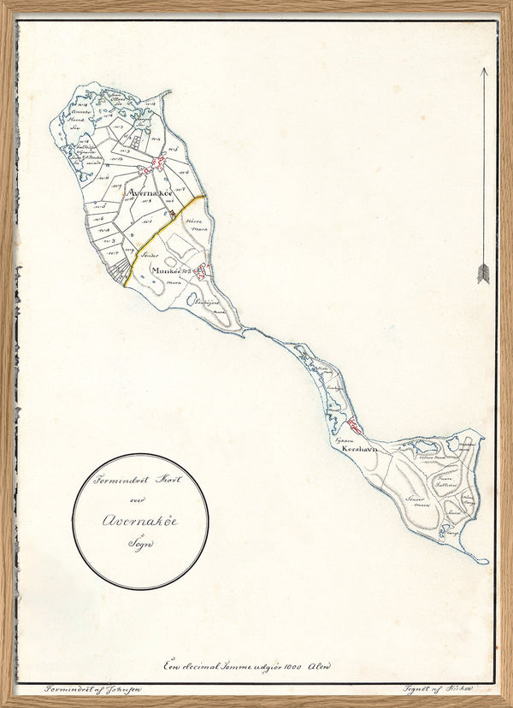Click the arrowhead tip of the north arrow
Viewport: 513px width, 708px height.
[x=483, y=70]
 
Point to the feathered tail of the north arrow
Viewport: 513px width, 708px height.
[x=483, y=273]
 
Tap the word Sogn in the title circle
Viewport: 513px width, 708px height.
[x=139, y=542]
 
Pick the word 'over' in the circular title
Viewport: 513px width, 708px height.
[x=139, y=497]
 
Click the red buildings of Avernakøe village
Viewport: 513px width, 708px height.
[x=156, y=163]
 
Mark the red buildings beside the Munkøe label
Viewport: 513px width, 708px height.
[x=200, y=272]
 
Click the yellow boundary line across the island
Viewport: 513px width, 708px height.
[x=162, y=230]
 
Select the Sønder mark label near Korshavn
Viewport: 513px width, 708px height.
[x=416, y=499]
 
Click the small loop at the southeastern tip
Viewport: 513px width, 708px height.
[x=482, y=561]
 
